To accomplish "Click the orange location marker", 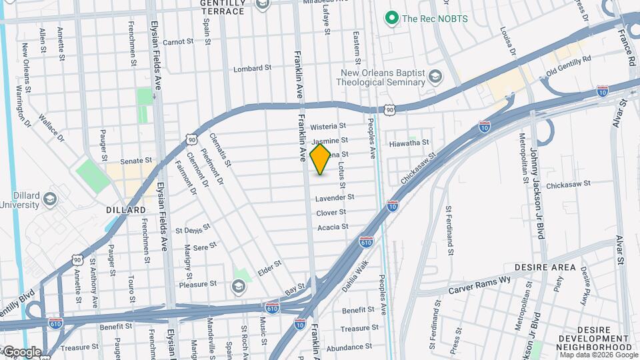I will [x=321, y=159].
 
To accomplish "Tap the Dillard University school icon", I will [x=49, y=199].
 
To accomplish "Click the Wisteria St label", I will [x=329, y=126].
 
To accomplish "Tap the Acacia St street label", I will [x=333, y=227].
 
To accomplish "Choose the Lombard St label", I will [x=252, y=68].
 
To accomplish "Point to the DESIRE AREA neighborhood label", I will [x=550, y=267].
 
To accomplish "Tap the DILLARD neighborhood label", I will [x=126, y=210].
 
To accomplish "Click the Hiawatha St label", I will [x=409, y=143].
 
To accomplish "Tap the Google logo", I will [x=21, y=351].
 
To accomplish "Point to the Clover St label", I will [x=331, y=213].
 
